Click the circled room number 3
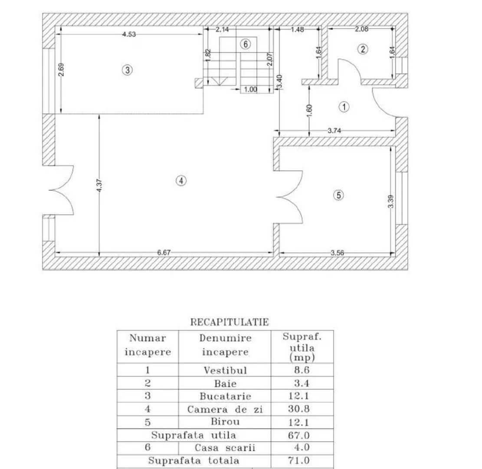[127, 70]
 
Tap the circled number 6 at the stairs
[245, 44]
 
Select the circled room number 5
[338, 195]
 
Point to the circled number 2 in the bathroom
[363, 49]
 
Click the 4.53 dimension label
[129, 34]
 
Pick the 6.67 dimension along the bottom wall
[164, 253]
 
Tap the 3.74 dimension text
[334, 130]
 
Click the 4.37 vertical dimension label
[99, 185]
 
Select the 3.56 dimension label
[337, 253]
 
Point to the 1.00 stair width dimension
[250, 89]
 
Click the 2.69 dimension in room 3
[61, 70]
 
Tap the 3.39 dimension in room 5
[391, 201]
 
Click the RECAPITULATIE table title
[230, 322]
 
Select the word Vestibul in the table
[225, 370]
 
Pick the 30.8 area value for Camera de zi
[299, 409]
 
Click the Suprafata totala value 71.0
[299, 460]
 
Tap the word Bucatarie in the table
[225, 396]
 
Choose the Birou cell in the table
[225, 422]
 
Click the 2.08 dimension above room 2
[361, 29]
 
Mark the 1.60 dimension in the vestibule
[309, 110]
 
